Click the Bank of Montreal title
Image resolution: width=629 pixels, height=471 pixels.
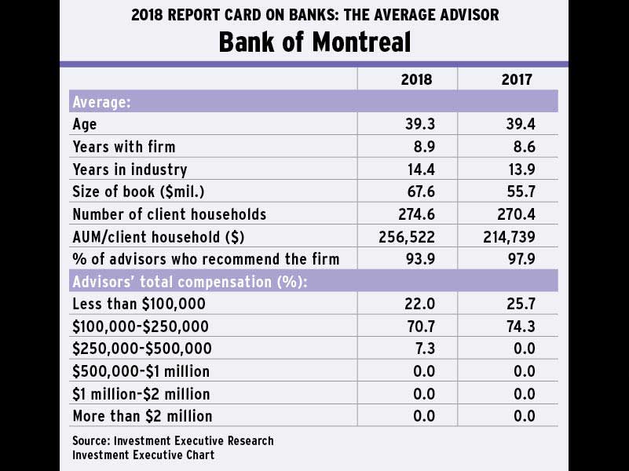pos(314,42)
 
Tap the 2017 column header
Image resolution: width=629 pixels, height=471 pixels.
pos(517,79)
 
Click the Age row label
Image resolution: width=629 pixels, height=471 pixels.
pos(85,124)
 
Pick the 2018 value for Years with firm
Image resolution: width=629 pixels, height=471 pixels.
pos(422,147)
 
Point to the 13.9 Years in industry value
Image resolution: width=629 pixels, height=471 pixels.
pos(520,169)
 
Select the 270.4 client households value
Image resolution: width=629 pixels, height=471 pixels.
pos(517,214)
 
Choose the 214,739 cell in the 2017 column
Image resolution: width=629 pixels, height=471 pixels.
pos(511,236)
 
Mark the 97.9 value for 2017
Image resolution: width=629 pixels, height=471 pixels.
pos(520,258)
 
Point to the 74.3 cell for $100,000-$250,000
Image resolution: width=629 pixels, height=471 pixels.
pos(520,326)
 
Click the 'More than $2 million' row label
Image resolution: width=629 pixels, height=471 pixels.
pos(142,415)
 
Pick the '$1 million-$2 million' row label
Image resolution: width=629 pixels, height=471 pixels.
pos(141,393)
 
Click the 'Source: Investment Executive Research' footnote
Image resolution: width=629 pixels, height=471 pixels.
pos(173,440)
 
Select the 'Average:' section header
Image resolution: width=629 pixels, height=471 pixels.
pos(101,102)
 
